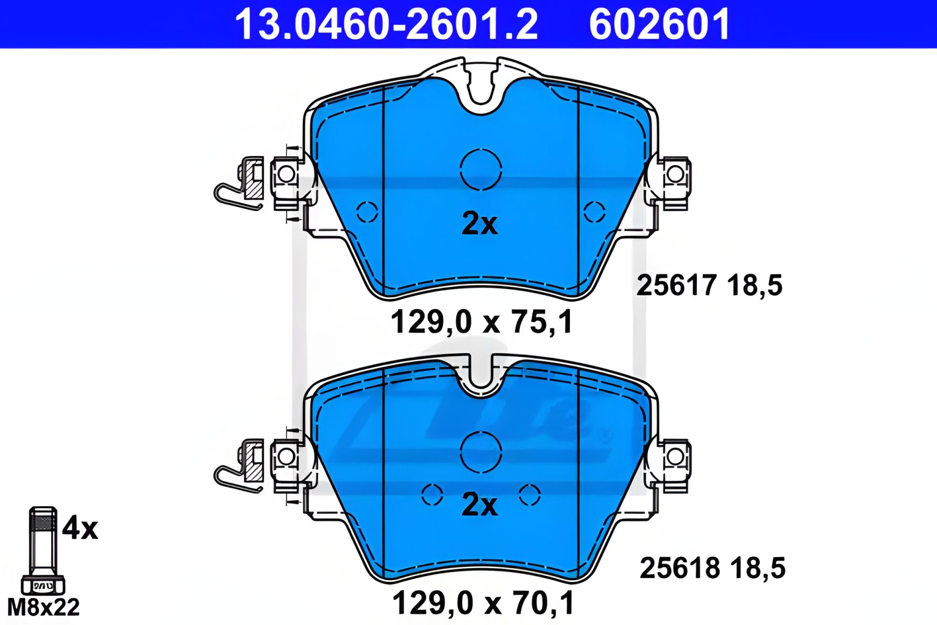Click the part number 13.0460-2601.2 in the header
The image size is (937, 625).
click(x=387, y=24)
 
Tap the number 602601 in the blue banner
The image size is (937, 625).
click(x=659, y=24)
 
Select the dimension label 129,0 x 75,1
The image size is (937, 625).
click(x=482, y=322)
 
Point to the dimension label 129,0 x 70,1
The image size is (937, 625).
click(x=483, y=603)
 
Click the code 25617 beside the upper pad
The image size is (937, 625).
click(x=676, y=285)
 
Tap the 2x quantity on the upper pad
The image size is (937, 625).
click(x=479, y=224)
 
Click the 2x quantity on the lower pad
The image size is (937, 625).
click(x=479, y=504)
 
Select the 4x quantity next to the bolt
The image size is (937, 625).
click(x=80, y=528)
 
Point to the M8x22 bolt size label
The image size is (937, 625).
click(x=43, y=607)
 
